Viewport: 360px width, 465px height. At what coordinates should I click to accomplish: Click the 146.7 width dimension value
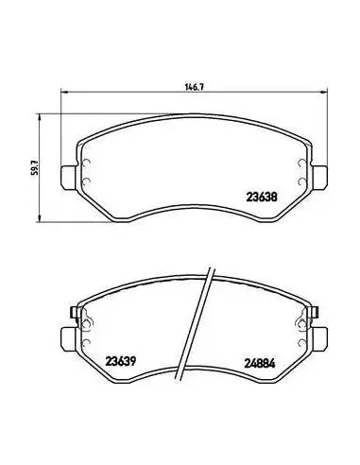point(195,87)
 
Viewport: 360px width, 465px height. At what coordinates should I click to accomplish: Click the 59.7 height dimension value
point(35,167)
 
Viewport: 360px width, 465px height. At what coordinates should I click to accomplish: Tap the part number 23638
point(262,198)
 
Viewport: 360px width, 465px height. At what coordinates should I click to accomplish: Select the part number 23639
point(121,361)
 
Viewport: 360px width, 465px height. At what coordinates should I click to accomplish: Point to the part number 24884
point(260,364)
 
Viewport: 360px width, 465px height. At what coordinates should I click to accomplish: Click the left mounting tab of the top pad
point(68,178)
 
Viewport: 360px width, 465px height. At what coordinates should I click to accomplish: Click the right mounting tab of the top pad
point(319,178)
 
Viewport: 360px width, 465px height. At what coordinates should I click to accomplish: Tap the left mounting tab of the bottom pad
point(68,339)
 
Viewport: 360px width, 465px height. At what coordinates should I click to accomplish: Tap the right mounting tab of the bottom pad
point(319,339)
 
